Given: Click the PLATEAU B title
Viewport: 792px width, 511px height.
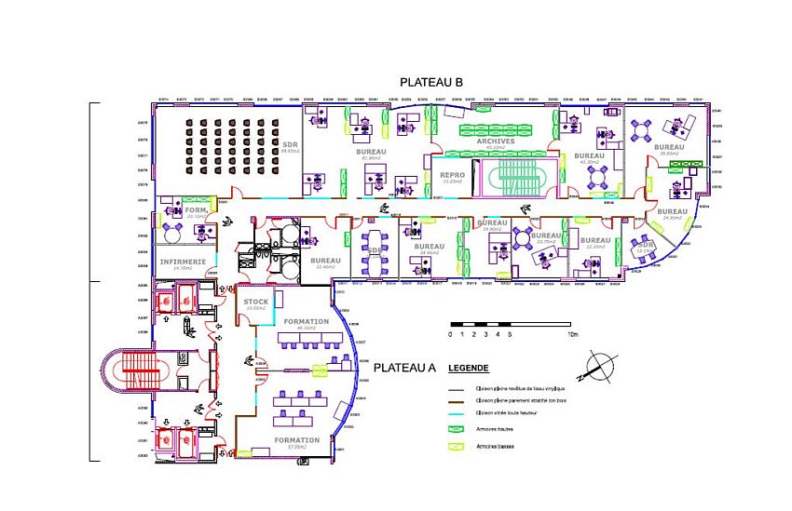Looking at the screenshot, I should (431, 83).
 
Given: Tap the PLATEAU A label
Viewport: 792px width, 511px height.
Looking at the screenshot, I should (404, 368).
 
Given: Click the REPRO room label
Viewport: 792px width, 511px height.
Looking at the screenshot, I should (452, 175).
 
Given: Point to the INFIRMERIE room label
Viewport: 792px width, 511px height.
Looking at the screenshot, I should (183, 262).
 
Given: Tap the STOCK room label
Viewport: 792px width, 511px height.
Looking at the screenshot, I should (255, 303).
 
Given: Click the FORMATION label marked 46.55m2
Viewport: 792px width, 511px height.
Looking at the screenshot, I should (306, 322).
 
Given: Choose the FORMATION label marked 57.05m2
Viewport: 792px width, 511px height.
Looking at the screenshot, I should (296, 440).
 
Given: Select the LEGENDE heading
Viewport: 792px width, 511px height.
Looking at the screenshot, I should (469, 368).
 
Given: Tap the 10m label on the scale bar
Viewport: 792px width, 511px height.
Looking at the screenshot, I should (573, 333).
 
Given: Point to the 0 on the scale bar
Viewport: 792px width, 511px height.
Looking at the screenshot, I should (451, 333).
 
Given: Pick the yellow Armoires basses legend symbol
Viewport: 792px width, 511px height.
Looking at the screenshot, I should (457, 447).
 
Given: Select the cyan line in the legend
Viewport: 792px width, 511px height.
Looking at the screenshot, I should (457, 411).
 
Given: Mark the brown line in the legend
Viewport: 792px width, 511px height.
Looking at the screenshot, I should (457, 399).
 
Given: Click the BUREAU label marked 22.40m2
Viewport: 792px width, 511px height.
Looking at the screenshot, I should (325, 262).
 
